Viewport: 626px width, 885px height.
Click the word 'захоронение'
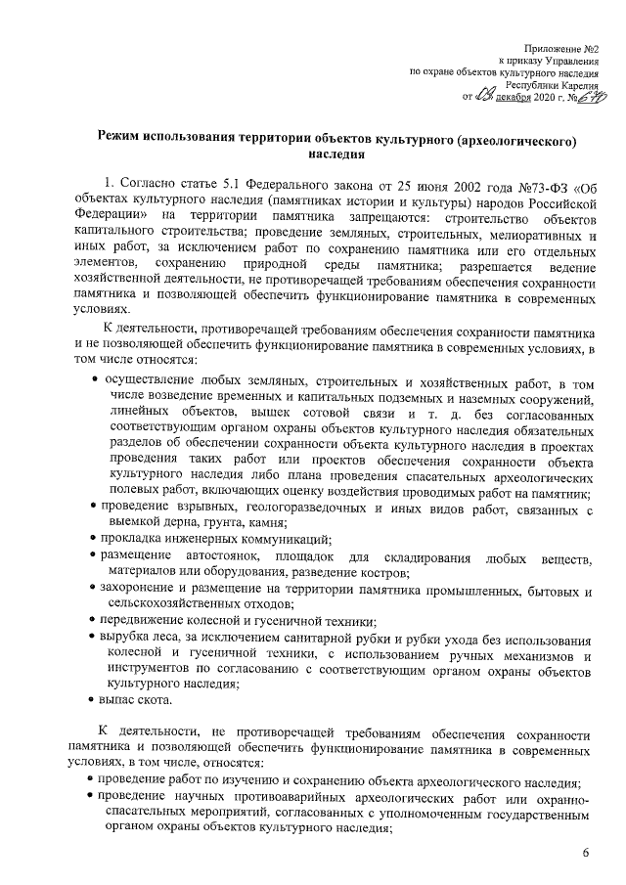tap(144, 591)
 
